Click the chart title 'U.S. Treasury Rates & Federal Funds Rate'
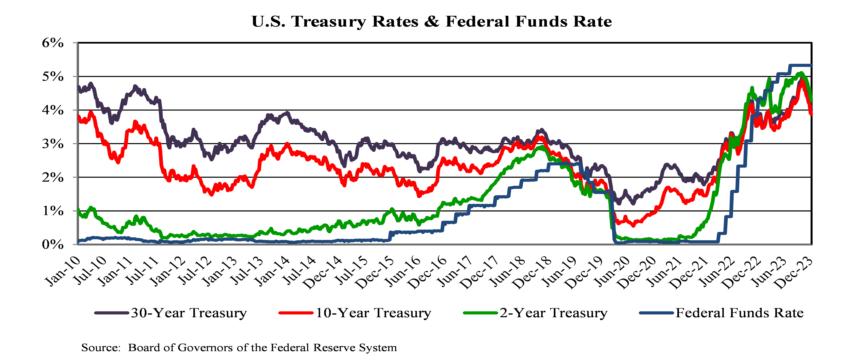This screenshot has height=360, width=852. tap(432, 22)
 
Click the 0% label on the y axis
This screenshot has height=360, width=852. tap(53, 245)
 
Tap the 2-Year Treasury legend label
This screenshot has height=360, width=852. tap(553, 313)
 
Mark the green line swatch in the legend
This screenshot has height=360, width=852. tap(480, 313)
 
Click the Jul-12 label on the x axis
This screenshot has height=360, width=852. tap(195, 271)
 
